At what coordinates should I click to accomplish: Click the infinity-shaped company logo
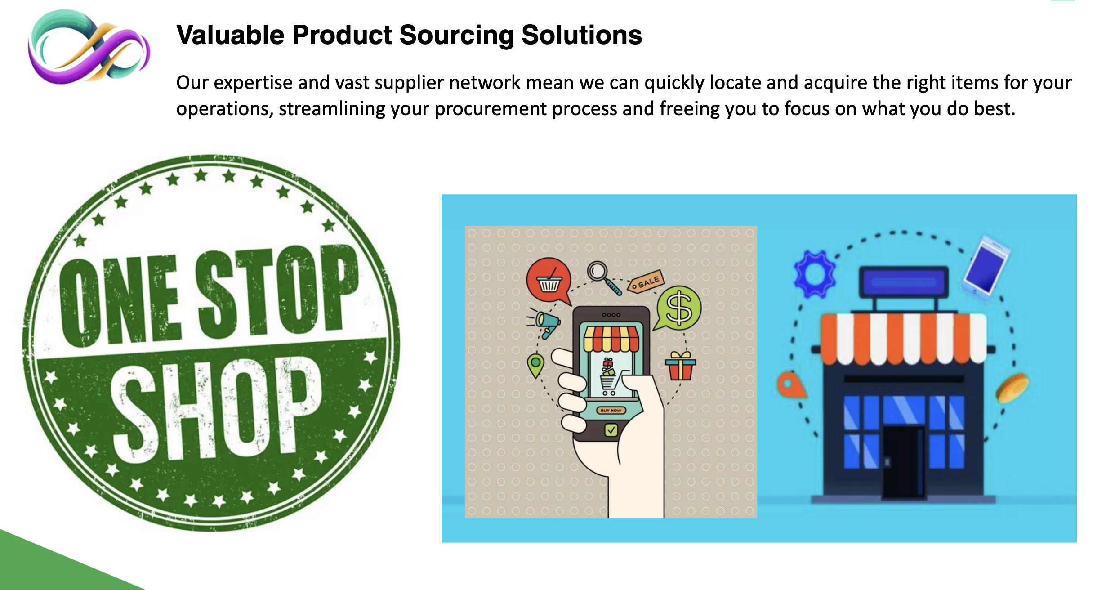(89, 47)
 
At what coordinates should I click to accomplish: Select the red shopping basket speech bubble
(549, 281)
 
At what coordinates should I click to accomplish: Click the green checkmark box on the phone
(611, 430)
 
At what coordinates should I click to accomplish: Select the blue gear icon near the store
(815, 273)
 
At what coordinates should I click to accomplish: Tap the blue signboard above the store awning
(904, 282)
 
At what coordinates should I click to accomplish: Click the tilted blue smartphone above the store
(986, 265)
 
